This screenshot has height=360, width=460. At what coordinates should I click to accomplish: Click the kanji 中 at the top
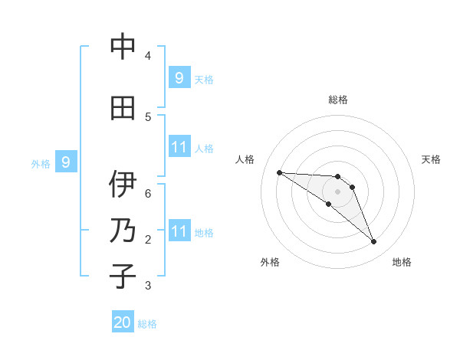(123, 47)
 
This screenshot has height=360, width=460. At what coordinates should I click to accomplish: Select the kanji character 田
(123, 108)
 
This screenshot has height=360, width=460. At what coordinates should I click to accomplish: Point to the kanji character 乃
(123, 231)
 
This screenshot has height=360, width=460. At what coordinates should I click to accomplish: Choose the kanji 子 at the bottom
(123, 277)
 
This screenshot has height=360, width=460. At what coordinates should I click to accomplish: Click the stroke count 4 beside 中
(148, 55)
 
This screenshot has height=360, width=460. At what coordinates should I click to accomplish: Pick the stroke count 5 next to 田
(148, 116)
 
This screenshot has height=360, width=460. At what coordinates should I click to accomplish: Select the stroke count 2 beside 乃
(148, 239)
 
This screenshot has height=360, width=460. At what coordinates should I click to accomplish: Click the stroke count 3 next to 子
(148, 285)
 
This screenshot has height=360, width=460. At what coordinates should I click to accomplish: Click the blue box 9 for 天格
(179, 77)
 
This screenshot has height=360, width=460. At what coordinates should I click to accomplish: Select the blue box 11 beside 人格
(179, 147)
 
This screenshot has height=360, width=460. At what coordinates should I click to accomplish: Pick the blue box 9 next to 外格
(66, 162)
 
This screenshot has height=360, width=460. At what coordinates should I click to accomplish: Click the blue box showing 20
(123, 322)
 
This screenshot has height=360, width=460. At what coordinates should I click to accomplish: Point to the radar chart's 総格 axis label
(338, 100)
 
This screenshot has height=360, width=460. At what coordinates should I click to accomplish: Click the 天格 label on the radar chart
(431, 159)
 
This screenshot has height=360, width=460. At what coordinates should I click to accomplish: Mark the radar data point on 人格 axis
(279, 172)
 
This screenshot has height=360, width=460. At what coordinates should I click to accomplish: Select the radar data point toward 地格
(374, 242)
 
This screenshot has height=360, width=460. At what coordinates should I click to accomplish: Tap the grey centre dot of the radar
(338, 191)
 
